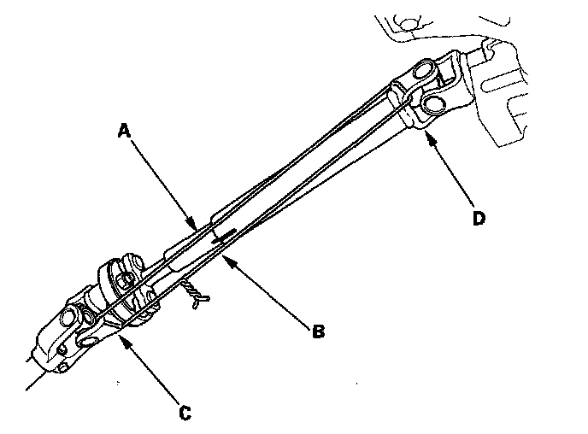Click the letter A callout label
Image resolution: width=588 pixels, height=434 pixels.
tap(125, 131)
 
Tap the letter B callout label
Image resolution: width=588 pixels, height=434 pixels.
tap(318, 331)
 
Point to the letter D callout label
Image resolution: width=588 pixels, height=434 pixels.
tap(479, 219)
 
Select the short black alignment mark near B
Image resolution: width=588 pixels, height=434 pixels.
tap(224, 234)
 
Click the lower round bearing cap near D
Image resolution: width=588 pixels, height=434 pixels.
tap(433, 103)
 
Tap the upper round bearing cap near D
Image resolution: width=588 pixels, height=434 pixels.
tap(427, 66)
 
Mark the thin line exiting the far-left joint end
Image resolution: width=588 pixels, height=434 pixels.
tap(34, 380)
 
